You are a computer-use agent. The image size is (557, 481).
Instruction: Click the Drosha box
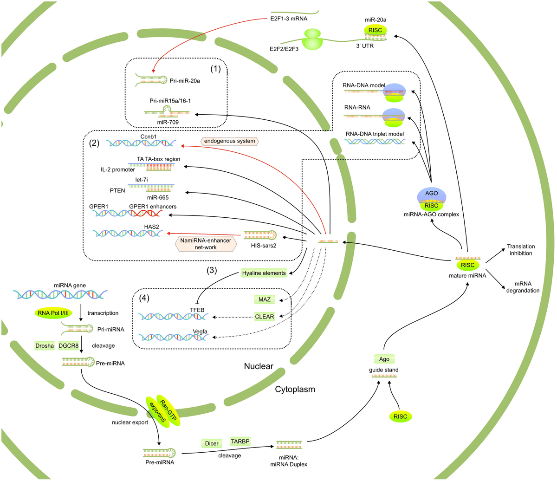tap(45, 345)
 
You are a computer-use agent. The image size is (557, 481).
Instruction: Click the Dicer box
tap(212, 443)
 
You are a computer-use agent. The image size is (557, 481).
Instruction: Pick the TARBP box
tap(240, 441)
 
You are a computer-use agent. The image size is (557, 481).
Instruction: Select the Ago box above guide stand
tap(384, 359)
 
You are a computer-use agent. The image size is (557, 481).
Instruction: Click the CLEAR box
tap(265, 317)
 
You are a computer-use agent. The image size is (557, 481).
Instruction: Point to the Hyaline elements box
tap(264, 273)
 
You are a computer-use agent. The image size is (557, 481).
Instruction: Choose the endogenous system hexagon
tap(230, 141)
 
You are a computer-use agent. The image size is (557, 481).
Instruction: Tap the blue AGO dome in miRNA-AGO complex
tap(432, 194)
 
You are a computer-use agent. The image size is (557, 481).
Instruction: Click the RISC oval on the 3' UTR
tap(375, 30)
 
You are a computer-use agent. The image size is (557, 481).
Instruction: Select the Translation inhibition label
tap(521, 250)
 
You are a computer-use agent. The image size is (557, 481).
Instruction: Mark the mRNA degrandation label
tap(523, 287)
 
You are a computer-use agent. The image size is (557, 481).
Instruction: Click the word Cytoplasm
tap(295, 389)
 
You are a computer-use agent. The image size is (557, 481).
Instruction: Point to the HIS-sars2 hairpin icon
tap(260, 235)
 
